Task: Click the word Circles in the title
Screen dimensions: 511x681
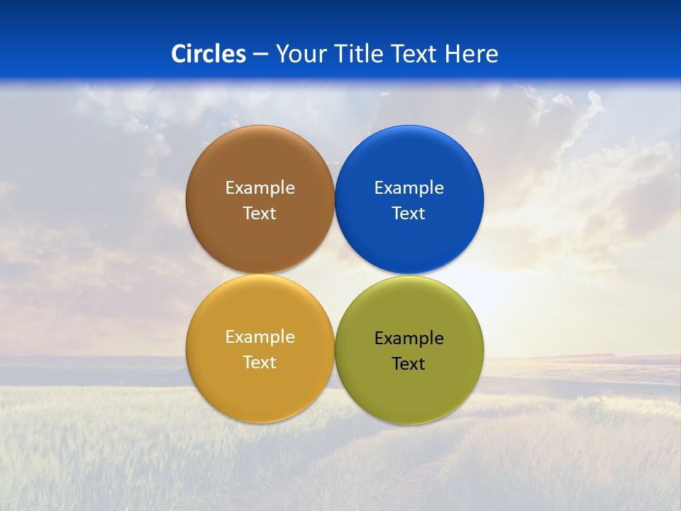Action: (x=209, y=54)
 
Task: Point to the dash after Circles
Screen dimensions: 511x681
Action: (x=260, y=55)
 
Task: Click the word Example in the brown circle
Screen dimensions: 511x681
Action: (x=260, y=188)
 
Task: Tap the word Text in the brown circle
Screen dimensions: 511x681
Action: (x=260, y=214)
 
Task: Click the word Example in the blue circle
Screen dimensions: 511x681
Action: (x=409, y=188)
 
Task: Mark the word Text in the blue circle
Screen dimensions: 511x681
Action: (x=409, y=214)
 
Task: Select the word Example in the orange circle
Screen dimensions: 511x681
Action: (x=260, y=337)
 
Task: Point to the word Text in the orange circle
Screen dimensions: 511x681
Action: (x=260, y=363)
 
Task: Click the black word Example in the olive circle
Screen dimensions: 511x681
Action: (x=409, y=339)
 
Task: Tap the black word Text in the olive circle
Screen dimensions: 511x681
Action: (x=409, y=364)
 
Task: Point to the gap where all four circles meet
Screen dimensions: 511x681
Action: (x=334, y=274)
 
